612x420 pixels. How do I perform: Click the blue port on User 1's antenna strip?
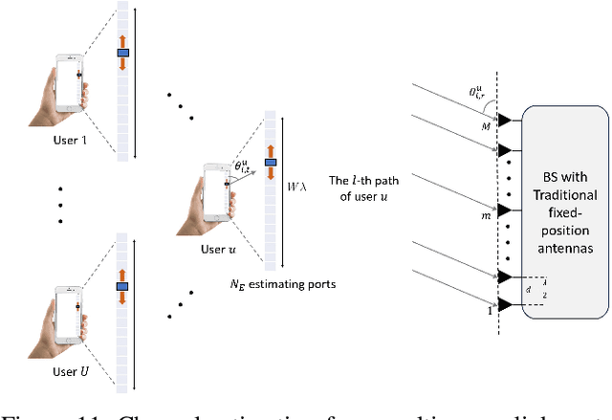click(122, 53)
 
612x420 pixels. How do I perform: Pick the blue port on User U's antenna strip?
click(122, 285)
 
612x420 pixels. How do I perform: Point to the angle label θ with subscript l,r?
click(478, 94)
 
